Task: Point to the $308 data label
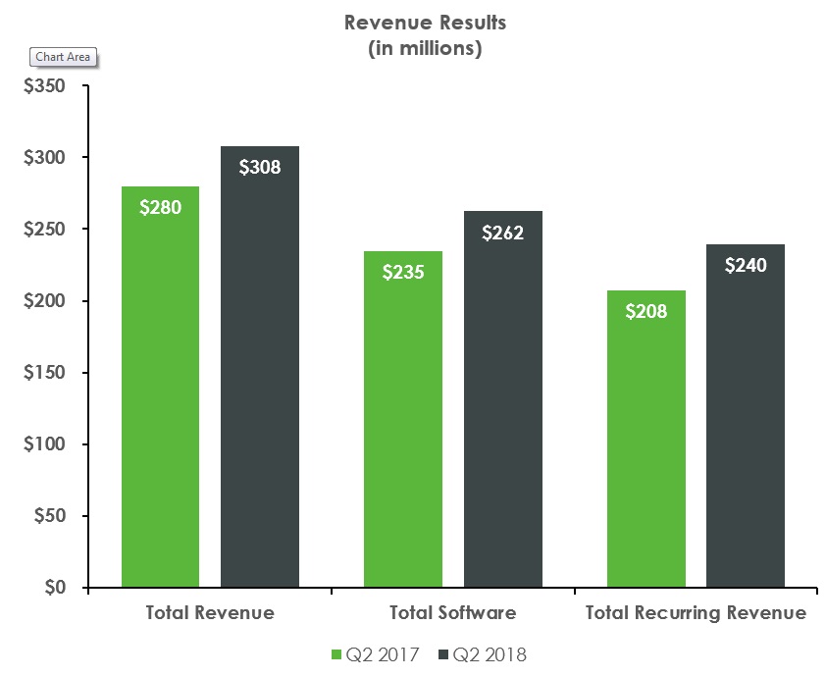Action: (x=260, y=167)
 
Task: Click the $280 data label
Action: (x=160, y=208)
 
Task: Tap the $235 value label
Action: (x=403, y=272)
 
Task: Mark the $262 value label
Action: (x=502, y=233)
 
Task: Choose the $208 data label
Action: (x=645, y=311)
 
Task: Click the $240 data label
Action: (x=746, y=265)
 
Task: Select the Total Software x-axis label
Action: (x=452, y=613)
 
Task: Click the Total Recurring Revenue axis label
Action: (x=696, y=613)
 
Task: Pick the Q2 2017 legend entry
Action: (x=378, y=653)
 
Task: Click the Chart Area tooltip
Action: (x=63, y=57)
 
